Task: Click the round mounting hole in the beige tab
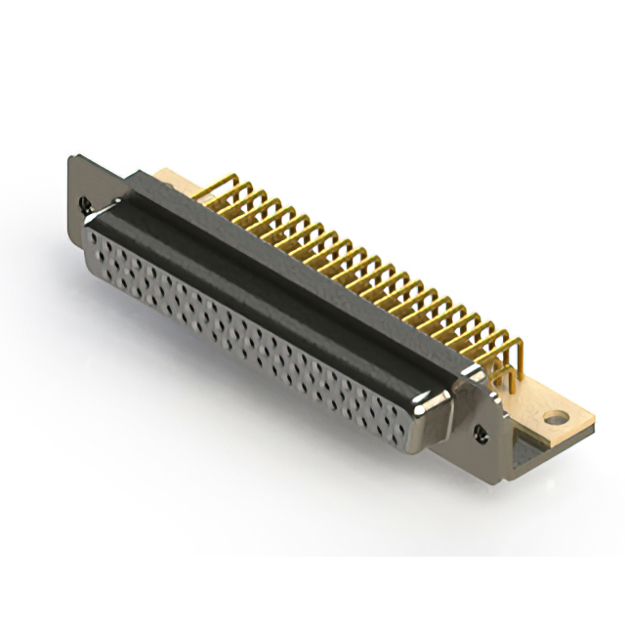pos(555,418)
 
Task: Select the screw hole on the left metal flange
pos(85,205)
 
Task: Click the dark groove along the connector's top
pos(283,283)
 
